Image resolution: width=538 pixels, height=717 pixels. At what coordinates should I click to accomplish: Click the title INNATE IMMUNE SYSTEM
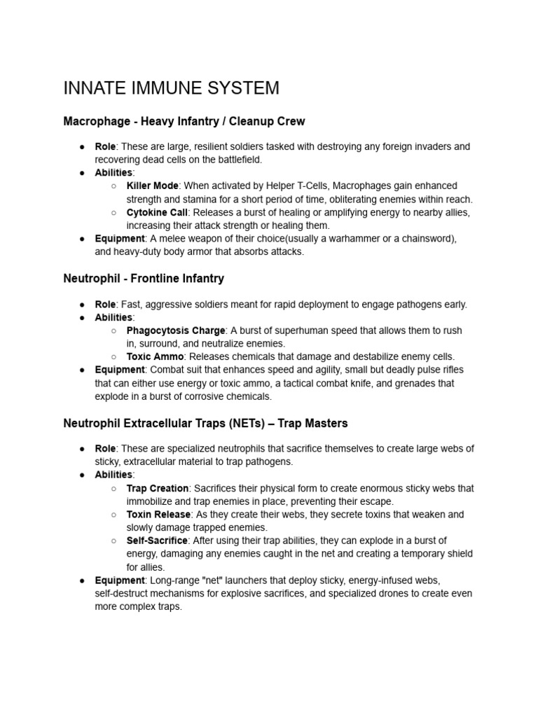coord(171,88)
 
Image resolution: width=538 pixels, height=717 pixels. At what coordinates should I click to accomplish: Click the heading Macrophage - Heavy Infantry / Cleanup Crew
coord(184,121)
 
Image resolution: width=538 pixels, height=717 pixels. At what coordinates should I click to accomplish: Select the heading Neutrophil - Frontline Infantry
coord(144,278)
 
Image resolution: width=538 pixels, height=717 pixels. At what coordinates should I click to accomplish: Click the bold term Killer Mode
coord(153,186)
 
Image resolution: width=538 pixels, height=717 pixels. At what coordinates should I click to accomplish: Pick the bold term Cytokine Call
coord(157,212)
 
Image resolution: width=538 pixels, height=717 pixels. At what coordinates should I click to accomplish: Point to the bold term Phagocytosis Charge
coord(176,330)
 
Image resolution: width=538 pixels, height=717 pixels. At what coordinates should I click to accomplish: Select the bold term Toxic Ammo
coord(155,356)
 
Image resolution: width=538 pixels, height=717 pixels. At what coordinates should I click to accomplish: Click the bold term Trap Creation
coord(158,488)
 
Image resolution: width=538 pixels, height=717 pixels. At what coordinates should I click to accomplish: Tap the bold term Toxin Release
coord(158,514)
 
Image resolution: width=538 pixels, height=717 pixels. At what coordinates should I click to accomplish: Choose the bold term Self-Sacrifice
coord(157,541)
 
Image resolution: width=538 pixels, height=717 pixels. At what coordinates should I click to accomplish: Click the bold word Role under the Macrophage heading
coord(105,146)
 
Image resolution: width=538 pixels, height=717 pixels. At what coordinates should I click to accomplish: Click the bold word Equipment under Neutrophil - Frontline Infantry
coord(120,370)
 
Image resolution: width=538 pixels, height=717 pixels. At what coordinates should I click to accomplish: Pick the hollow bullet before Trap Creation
coord(113,488)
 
